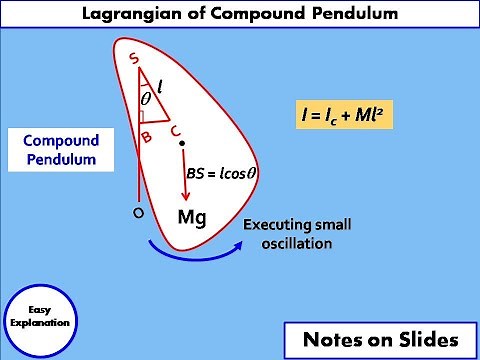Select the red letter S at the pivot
(x=135, y=59)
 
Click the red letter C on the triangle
(x=175, y=129)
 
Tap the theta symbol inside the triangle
(x=146, y=100)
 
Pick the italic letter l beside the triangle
(x=159, y=88)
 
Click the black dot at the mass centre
(x=182, y=145)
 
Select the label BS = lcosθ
(x=222, y=173)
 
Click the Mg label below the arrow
(x=191, y=217)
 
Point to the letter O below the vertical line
(x=138, y=214)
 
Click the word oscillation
(x=298, y=243)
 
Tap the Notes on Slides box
(x=378, y=337)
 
